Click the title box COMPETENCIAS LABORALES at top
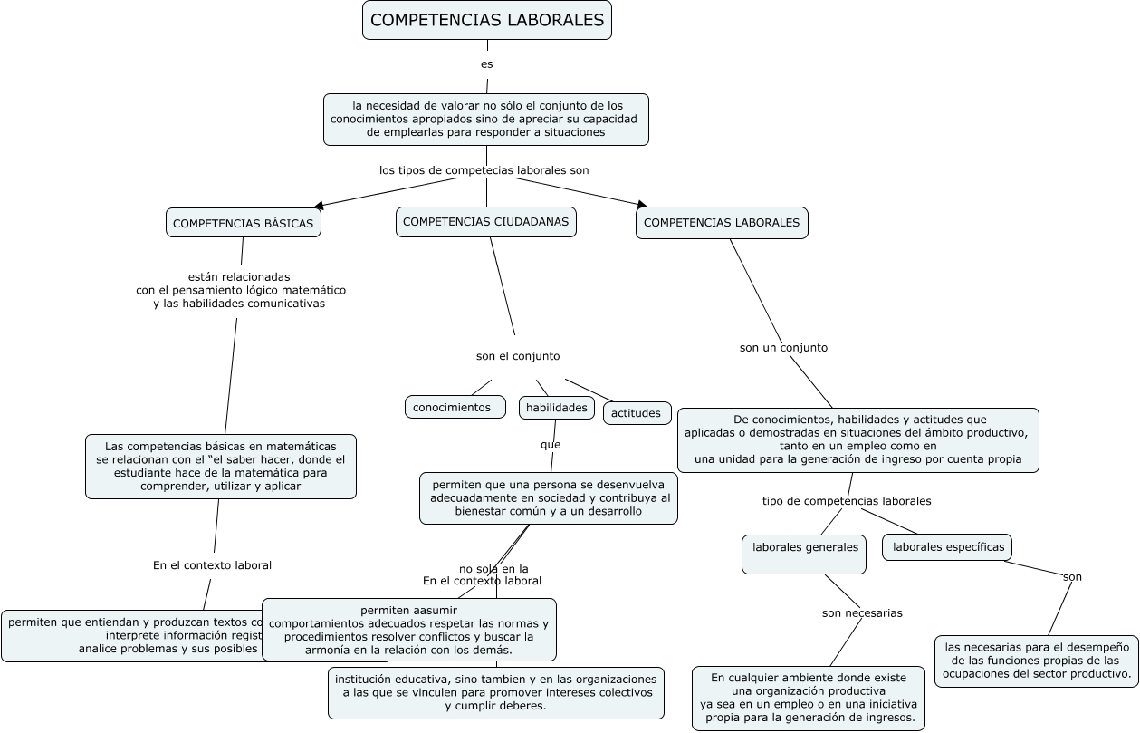pos(487,20)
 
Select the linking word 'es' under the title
pos(487,64)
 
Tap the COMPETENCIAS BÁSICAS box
pos(244,223)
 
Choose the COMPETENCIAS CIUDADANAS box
pos(486,222)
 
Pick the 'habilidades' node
pos(557,408)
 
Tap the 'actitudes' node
pos(637,413)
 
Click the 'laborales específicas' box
pos(947,547)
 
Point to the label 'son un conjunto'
pos(783,347)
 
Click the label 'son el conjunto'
pos(518,356)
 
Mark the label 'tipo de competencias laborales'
pos(847,501)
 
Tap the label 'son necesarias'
pos(862,613)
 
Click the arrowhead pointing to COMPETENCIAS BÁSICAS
pos(319,207)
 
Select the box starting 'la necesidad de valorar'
pos(486,120)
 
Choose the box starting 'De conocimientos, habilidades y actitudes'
pos(858,439)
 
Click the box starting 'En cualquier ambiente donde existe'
pos(809,699)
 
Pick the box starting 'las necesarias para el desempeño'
pos(1036,661)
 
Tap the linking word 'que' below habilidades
pos(551,445)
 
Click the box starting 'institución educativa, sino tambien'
pos(496,693)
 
